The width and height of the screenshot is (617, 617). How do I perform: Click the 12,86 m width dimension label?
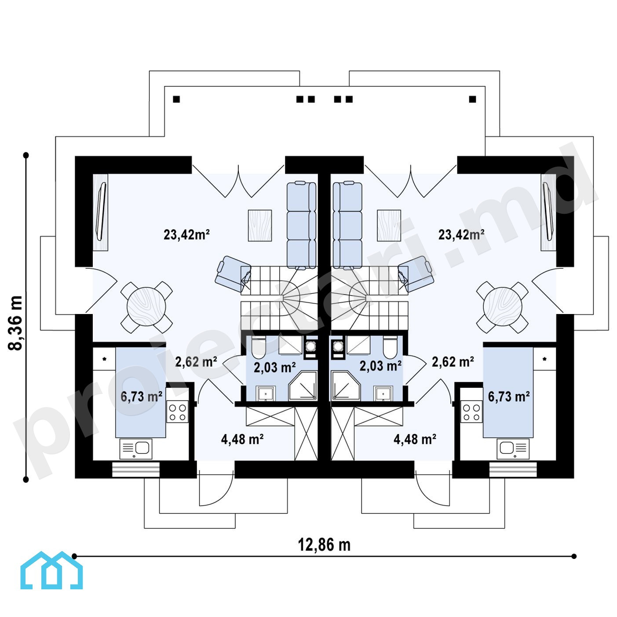(324, 544)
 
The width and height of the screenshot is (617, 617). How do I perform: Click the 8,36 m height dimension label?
(15, 323)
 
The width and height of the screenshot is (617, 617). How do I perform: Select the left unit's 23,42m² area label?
(186, 235)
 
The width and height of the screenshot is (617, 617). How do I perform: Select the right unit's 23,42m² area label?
(461, 235)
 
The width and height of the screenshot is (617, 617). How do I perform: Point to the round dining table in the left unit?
(146, 307)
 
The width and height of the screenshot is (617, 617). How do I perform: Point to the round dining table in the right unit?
(503, 307)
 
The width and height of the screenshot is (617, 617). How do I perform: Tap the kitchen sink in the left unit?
(136, 449)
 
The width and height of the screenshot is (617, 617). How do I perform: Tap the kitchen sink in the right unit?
(513, 449)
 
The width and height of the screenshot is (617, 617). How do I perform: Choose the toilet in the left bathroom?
(259, 348)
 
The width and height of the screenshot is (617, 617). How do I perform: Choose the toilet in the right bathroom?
(391, 348)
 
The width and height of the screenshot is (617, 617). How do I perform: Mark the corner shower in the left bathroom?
(303, 386)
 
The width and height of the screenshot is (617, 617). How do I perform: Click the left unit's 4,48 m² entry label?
(242, 439)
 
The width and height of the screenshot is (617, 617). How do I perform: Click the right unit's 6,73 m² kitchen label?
(509, 397)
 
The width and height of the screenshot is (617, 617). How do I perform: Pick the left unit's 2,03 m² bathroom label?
(275, 367)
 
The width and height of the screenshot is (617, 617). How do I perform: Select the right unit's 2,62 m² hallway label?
(453, 362)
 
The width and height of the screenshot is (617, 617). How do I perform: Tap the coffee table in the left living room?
(259, 226)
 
